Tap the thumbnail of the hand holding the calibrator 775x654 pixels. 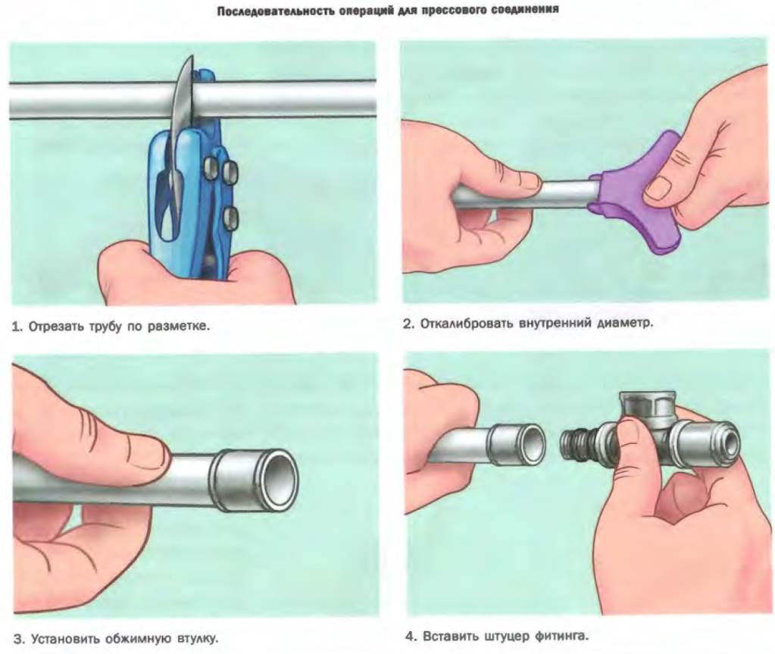(x=659, y=189)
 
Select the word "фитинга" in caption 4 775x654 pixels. (x=561, y=636)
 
